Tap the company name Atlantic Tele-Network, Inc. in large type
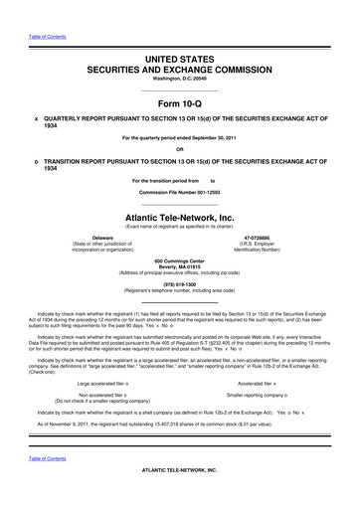(180, 217)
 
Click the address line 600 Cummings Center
(180, 259)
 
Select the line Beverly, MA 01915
(180, 266)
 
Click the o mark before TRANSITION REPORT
(37, 162)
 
